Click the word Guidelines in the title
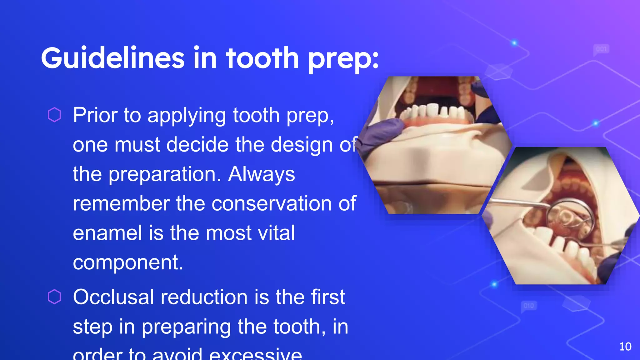[x=113, y=58]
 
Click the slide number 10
[x=625, y=347]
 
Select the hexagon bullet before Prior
[x=54, y=115]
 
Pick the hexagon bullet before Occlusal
[x=54, y=297]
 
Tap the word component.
[x=127, y=262]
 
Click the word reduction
[x=204, y=297]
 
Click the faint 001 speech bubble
[x=601, y=49]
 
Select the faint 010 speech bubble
[x=528, y=306]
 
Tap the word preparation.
[x=162, y=174]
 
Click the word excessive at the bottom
[x=255, y=354]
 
